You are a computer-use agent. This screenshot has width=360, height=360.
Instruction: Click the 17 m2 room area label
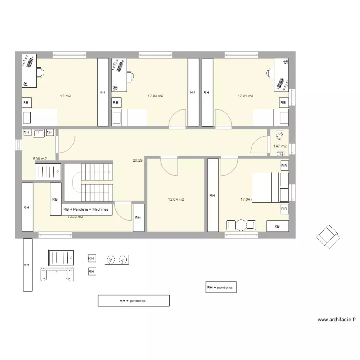(x=65, y=96)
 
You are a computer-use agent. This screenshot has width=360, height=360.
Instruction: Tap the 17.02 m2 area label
(x=155, y=96)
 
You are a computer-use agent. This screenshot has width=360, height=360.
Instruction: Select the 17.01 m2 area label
(x=245, y=96)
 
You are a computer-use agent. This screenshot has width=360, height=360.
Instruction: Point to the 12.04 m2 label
(x=176, y=199)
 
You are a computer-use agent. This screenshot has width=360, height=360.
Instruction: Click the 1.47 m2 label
(x=279, y=146)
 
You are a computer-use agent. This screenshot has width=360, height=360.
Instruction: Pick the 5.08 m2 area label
(x=39, y=159)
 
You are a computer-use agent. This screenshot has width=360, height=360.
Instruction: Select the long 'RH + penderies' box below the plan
(x=133, y=301)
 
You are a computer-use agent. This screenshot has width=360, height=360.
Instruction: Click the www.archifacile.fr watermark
(x=337, y=320)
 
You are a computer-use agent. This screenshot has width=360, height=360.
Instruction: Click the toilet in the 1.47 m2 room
(x=280, y=134)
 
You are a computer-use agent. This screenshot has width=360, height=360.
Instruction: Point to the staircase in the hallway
(x=96, y=182)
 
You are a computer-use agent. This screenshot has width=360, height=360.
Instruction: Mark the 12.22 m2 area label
(x=75, y=217)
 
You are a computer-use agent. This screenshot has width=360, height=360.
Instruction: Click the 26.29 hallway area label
(x=138, y=161)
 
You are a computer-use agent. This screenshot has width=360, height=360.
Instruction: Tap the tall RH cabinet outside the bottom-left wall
(x=27, y=264)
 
